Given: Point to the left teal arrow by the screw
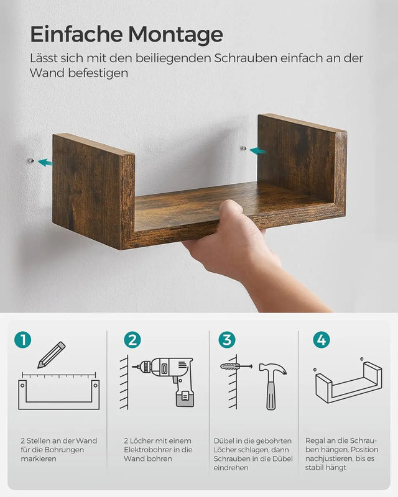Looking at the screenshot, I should pyautogui.click(x=45, y=163).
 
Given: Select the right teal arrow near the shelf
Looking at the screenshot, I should pyautogui.click(x=257, y=150).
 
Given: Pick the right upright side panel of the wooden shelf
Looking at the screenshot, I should pyautogui.click(x=302, y=162).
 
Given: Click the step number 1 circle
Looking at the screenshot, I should pyautogui.click(x=22, y=340).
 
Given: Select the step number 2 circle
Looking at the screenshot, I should pyautogui.click(x=132, y=340).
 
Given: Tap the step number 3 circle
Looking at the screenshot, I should pyautogui.click(x=226, y=340).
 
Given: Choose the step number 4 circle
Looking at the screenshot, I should pyautogui.click(x=322, y=340).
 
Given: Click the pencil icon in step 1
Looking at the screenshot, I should pyautogui.click(x=51, y=355).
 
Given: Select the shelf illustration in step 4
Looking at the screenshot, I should pyautogui.click(x=348, y=381).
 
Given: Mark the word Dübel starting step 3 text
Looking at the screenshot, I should pyautogui.click(x=224, y=441).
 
